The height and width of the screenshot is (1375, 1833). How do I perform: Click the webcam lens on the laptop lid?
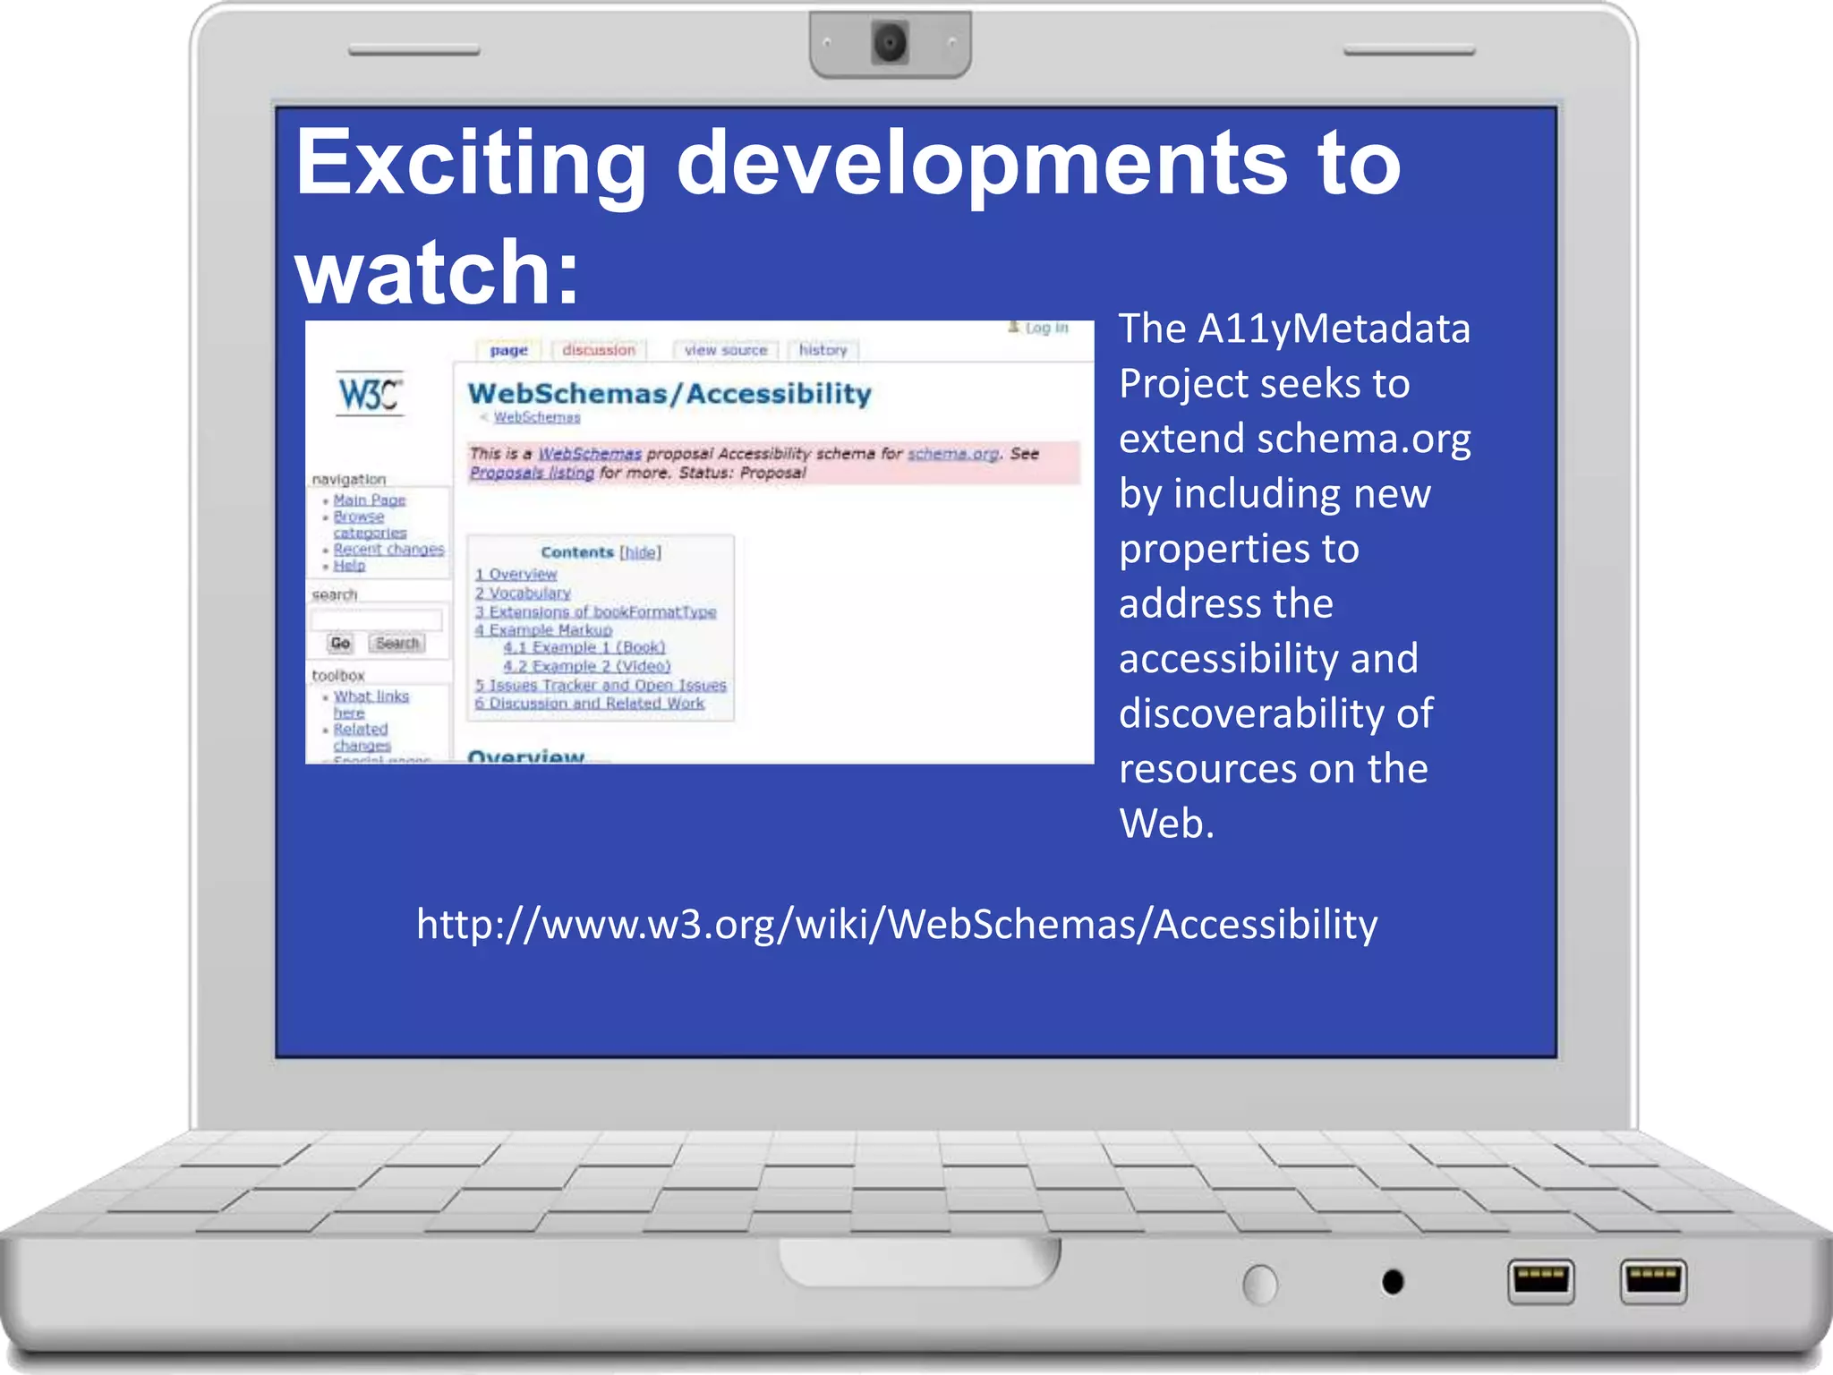point(890,42)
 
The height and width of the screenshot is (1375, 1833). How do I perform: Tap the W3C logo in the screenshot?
point(370,393)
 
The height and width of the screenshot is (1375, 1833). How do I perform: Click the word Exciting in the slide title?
point(470,164)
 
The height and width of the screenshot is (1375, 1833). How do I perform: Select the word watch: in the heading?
point(438,272)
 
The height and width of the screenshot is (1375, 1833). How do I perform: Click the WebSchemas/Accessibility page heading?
point(669,394)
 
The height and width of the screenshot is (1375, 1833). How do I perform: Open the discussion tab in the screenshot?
point(599,350)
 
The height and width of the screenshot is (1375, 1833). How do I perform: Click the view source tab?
point(726,350)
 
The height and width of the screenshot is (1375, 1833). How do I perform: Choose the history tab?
point(823,350)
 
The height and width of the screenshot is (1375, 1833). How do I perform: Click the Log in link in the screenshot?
point(1045,329)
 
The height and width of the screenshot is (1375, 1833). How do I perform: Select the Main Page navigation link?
point(369,500)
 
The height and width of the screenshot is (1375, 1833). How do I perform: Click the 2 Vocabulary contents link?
point(523,593)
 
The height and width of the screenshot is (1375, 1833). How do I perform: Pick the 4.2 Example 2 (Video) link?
point(586,666)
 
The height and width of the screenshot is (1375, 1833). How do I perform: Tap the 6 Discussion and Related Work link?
point(590,704)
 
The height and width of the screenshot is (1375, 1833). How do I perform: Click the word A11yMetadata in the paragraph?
point(1334,329)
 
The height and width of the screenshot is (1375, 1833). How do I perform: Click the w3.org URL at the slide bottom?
point(897,924)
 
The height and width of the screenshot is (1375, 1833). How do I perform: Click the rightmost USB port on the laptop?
point(1652,1281)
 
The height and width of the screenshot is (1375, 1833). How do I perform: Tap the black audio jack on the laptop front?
point(1393,1282)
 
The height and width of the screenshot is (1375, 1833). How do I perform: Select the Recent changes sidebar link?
point(388,549)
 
